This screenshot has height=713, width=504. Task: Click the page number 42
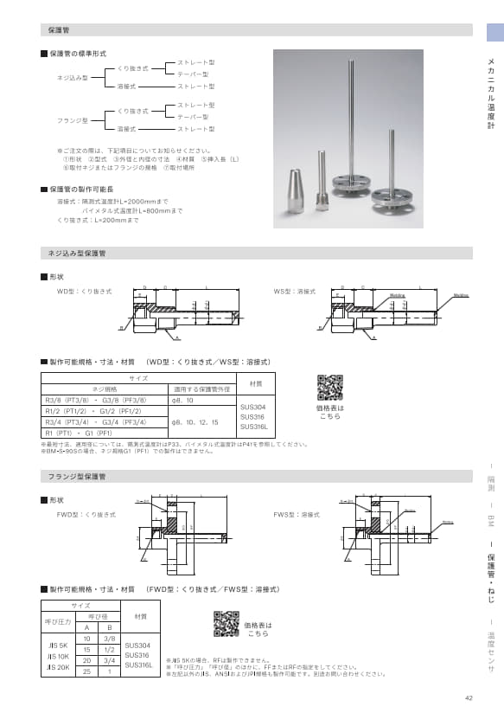(469, 698)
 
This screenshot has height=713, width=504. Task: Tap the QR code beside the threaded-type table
(329, 388)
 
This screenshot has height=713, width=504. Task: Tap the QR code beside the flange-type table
(226, 623)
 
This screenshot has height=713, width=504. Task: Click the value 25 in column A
(87, 671)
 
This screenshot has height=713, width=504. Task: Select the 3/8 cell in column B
(110, 637)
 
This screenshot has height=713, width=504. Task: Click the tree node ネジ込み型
(73, 78)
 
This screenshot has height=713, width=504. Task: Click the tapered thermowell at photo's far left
(294, 184)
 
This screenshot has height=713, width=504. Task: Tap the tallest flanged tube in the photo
(354, 130)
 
